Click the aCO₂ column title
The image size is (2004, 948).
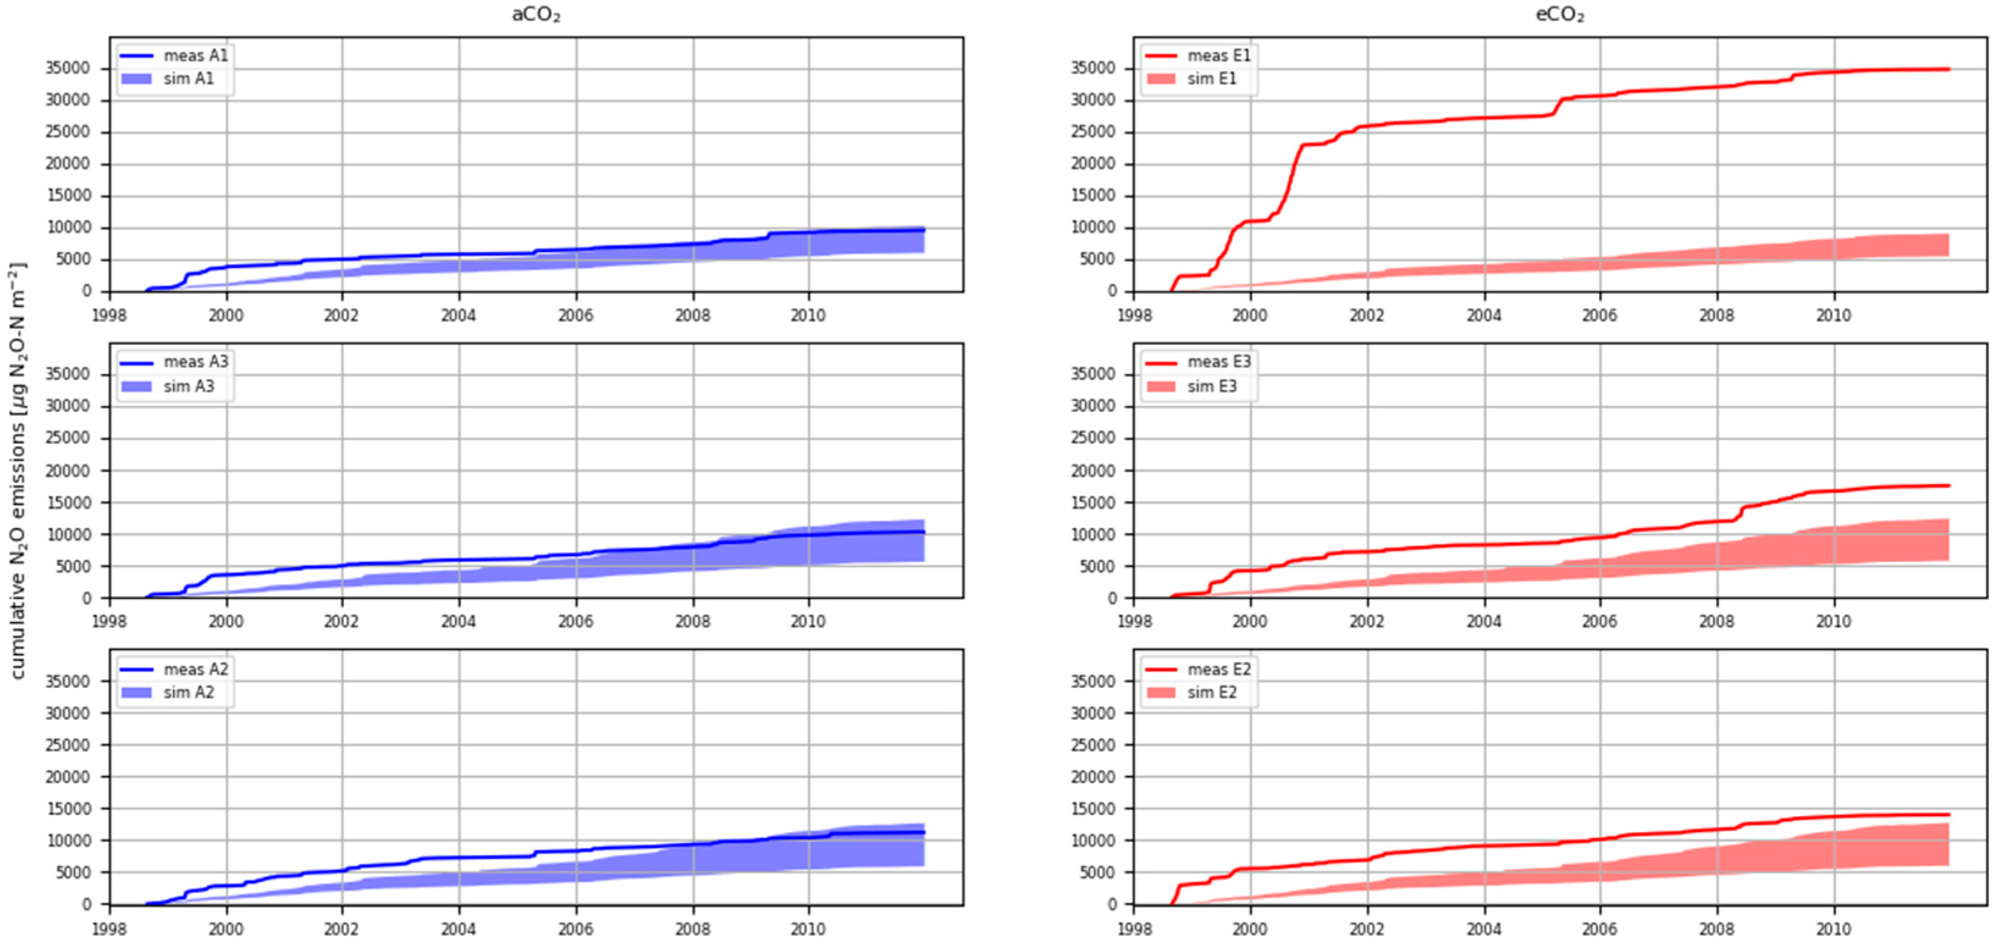(x=536, y=15)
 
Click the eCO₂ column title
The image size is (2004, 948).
(x=1560, y=15)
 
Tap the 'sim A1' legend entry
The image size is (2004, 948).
(x=167, y=79)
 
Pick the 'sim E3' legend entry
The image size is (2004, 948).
(x=1191, y=386)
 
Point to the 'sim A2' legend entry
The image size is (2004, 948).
(x=167, y=692)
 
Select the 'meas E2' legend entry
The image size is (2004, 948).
(x=1198, y=670)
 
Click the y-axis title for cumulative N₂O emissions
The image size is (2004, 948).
(x=17, y=471)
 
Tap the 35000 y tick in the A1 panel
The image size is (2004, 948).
(x=68, y=68)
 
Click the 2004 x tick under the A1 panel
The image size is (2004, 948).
(x=459, y=315)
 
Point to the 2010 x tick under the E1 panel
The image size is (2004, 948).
(x=1834, y=315)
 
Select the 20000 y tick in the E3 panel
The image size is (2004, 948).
(x=1093, y=471)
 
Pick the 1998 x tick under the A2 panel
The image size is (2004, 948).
(x=110, y=928)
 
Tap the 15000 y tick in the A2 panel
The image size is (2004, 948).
(x=68, y=809)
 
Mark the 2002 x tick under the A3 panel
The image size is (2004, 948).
(x=341, y=621)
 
